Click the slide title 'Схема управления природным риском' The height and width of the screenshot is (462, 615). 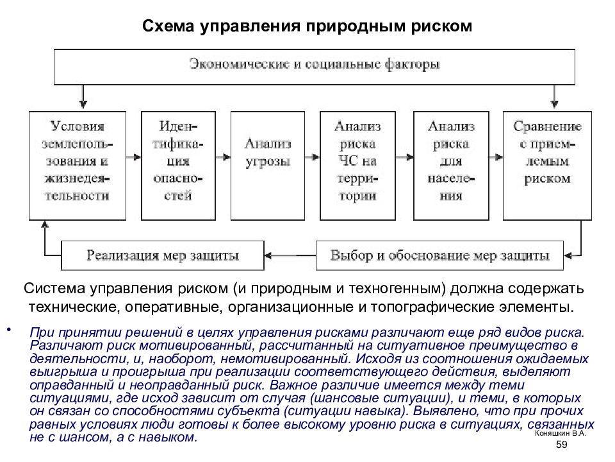coord(307,26)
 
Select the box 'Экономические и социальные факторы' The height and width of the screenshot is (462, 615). coord(314,67)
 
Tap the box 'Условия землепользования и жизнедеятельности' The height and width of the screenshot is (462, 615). coord(78,166)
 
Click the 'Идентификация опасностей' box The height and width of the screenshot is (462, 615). coord(178,166)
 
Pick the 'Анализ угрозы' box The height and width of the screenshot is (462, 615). coord(268,166)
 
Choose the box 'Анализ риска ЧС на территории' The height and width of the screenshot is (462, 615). coord(357,166)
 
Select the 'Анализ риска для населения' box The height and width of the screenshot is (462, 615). coord(451,166)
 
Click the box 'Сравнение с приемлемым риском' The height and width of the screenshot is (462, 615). coord(547,166)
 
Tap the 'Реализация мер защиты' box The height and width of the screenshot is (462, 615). coord(162,256)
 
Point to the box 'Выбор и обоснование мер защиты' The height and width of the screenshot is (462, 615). coord(439,256)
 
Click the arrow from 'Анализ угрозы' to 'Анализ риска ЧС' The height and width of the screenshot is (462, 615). coord(312,157)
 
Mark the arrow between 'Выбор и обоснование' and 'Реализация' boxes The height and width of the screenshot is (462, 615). coord(290,256)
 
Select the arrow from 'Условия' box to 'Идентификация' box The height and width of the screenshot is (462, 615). coord(134,157)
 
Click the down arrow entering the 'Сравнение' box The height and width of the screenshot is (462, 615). coord(553,97)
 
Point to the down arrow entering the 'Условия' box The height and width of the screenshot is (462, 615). coord(83,97)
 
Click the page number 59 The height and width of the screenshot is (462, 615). coord(562,444)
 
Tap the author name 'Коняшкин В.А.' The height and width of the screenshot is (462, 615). coord(560,433)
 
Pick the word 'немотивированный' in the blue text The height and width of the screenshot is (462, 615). coord(284,359)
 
